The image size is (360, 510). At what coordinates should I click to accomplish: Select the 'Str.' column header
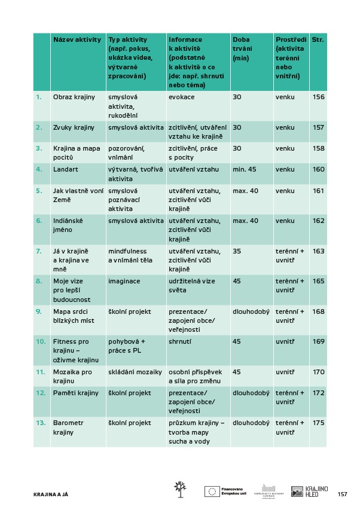tap(318, 39)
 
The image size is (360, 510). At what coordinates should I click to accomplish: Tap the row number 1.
tap(39, 97)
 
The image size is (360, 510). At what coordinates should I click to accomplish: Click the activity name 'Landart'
tap(65, 169)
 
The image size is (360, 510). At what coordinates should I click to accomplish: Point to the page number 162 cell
tap(318, 221)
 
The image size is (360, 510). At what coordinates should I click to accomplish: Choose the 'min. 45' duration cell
tap(245, 169)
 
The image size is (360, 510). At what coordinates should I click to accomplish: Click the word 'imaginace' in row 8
tap(124, 280)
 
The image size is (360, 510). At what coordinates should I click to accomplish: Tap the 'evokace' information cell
tap(181, 97)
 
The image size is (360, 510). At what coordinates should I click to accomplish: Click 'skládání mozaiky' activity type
tap(135, 371)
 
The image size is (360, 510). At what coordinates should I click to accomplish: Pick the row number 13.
tap(41, 422)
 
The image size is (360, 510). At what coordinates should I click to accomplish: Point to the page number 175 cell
tap(318, 422)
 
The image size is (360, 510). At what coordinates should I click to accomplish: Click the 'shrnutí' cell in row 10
tap(181, 341)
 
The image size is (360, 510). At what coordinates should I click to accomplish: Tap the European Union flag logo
tap(212, 491)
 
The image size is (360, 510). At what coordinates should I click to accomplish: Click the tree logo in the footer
tap(178, 489)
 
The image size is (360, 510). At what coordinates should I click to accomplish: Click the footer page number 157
tap(343, 494)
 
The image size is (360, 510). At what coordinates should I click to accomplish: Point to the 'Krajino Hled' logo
tap(309, 491)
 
